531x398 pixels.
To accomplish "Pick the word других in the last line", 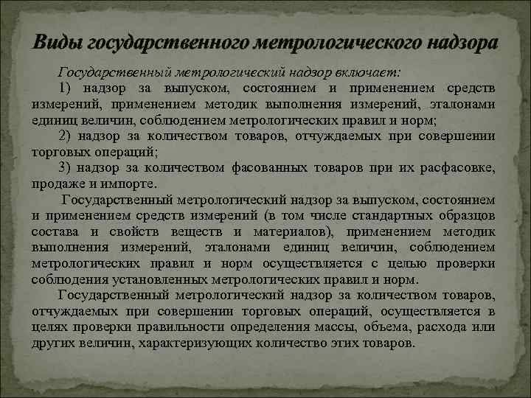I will (52, 343).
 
